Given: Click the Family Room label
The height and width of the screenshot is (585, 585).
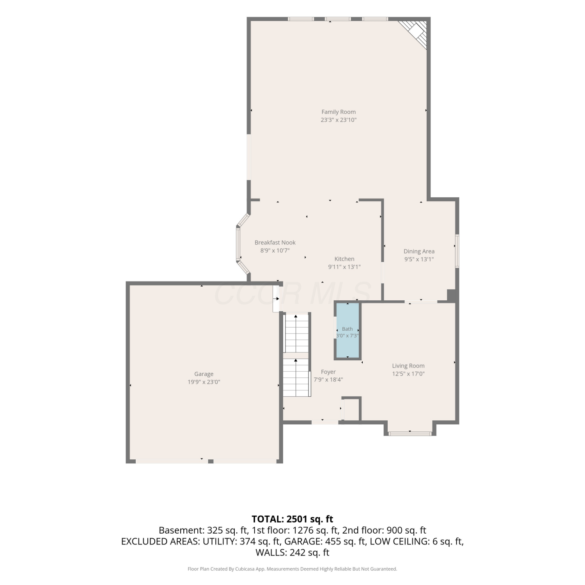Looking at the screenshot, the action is pyautogui.click(x=339, y=112).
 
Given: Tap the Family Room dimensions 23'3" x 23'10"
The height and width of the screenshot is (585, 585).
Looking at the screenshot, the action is pyautogui.click(x=339, y=120).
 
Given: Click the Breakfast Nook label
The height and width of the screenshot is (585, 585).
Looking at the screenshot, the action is pyautogui.click(x=275, y=243).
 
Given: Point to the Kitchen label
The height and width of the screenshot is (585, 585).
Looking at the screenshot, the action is pyautogui.click(x=344, y=259).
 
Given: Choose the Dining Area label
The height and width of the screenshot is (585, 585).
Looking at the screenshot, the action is pyautogui.click(x=419, y=252).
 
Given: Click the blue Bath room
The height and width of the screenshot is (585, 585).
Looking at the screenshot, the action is pyautogui.click(x=347, y=331).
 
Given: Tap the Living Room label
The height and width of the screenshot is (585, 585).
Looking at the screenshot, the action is pyautogui.click(x=408, y=366).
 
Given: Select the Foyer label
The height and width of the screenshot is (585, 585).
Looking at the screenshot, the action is pyautogui.click(x=328, y=372).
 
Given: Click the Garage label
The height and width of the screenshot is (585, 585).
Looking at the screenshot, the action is pyautogui.click(x=204, y=374).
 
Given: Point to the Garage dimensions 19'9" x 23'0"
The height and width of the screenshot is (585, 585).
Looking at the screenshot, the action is pyautogui.click(x=204, y=382).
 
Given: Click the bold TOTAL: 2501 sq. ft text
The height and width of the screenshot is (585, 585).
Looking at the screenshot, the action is pyautogui.click(x=292, y=519).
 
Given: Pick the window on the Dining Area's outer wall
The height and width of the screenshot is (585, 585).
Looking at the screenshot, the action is pyautogui.click(x=457, y=251).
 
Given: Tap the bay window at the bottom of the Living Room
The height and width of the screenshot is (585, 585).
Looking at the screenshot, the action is pyautogui.click(x=410, y=433).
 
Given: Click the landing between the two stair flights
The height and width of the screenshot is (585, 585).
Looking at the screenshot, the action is pyautogui.click(x=296, y=356).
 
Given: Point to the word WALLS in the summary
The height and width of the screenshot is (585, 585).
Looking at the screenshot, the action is pyautogui.click(x=269, y=552).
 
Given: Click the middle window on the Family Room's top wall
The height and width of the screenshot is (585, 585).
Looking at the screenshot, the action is pyautogui.click(x=338, y=19).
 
